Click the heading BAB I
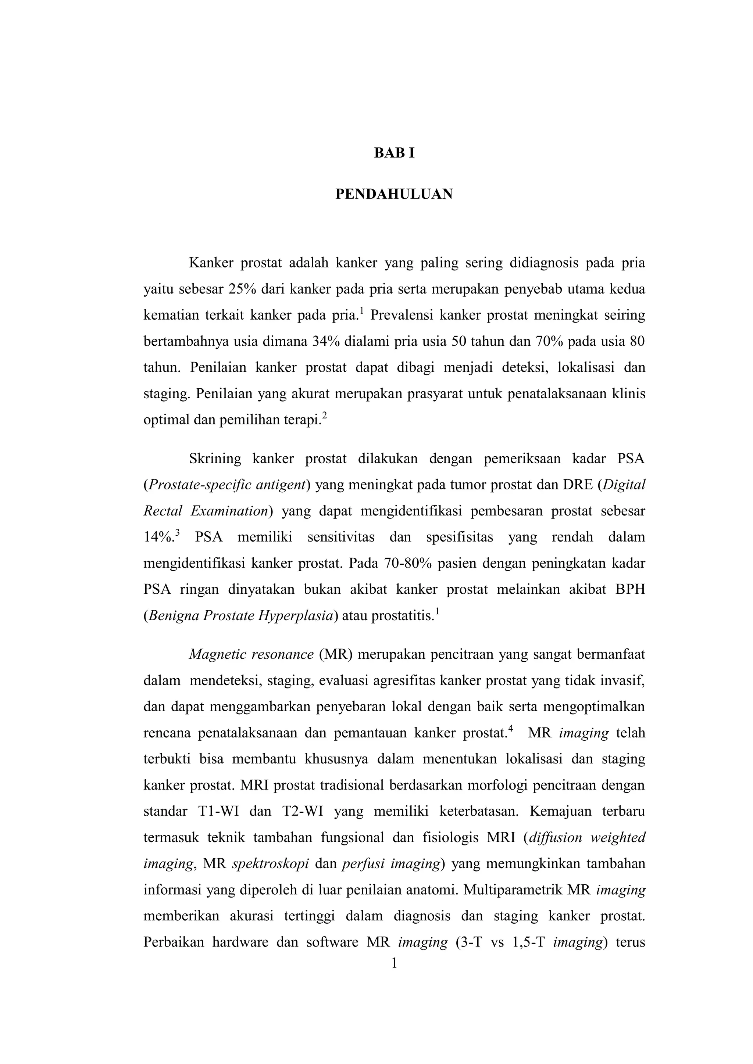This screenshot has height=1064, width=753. [x=394, y=153]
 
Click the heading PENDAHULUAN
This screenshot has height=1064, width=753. [x=394, y=194]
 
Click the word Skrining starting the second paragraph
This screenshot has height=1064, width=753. [x=215, y=459]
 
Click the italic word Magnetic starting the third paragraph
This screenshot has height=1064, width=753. [x=217, y=655]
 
